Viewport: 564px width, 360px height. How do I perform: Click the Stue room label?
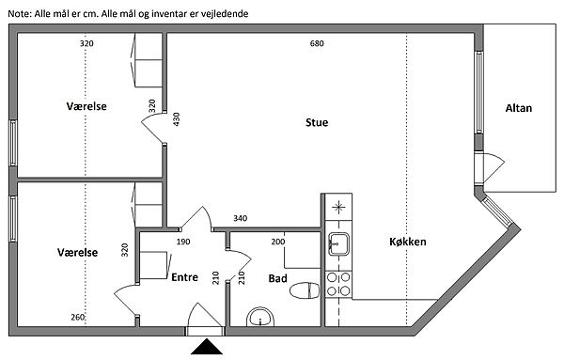[x=317, y=122]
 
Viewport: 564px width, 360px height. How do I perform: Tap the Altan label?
[x=518, y=108]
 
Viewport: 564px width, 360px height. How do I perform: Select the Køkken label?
[x=408, y=242]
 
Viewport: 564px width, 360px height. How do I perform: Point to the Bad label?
[x=277, y=278]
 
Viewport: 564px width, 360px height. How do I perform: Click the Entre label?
[x=184, y=277]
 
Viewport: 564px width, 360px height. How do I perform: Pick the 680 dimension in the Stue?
[x=317, y=43]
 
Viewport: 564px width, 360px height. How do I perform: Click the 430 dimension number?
[x=177, y=119]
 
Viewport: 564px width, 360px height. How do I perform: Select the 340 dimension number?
[x=240, y=218]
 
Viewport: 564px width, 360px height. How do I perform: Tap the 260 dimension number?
[x=78, y=317]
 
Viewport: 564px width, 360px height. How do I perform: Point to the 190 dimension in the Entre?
[x=183, y=242]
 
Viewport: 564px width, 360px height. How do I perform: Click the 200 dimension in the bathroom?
[x=278, y=242]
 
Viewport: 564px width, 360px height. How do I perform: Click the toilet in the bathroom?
[x=305, y=290]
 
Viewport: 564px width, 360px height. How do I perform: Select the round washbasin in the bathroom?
[x=260, y=317]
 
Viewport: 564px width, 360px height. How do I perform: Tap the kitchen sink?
[x=338, y=244]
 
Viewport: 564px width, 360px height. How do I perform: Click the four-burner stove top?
[x=338, y=284]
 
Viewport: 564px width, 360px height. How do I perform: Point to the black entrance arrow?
[x=207, y=347]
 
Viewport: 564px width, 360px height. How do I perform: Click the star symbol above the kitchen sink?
[x=338, y=207]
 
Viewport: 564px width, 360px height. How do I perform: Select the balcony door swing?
[x=493, y=167]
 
